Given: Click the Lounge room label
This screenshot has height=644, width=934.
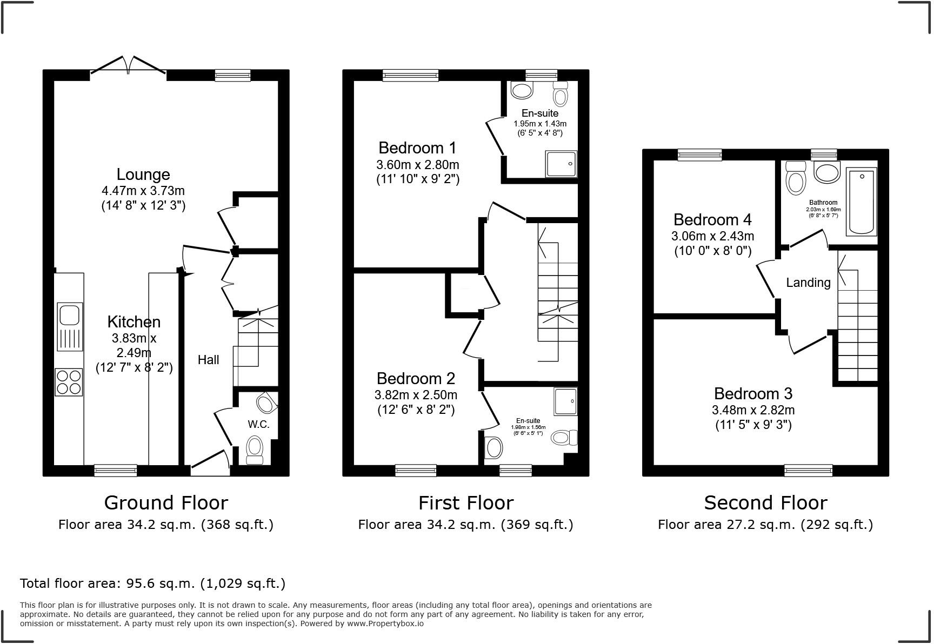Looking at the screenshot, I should point(143,175).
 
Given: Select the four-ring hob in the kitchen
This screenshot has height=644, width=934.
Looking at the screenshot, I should point(69,382).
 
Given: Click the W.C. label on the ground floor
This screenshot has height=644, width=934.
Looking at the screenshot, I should point(258,424).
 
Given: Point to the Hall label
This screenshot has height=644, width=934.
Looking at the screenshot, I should point(208,360).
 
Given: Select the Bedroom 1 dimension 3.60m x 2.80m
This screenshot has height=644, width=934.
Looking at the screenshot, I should point(417,165).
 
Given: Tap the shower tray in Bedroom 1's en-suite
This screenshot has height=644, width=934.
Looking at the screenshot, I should point(562,164).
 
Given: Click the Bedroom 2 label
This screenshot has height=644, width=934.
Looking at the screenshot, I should point(416,378).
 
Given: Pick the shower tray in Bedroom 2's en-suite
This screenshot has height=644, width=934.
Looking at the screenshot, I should point(565,401).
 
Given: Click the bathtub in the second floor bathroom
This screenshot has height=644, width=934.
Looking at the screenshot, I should point(862,201).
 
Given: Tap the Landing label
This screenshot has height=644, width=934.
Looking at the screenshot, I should point(808,283).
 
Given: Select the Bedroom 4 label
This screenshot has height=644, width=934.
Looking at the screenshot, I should point(712,220).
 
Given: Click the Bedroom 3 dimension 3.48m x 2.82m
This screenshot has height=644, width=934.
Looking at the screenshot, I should point(753,410).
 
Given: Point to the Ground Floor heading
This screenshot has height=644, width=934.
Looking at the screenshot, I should point(166,503).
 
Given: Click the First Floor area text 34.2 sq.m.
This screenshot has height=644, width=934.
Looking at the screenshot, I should point(465,525).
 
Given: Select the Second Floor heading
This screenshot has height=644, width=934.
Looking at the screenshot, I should point(765,503).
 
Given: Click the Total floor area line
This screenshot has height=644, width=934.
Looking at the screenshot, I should point(152,583).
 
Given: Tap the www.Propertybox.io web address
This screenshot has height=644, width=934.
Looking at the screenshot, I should point(385,623).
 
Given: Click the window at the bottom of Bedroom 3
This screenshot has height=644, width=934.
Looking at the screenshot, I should point(808,471).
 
